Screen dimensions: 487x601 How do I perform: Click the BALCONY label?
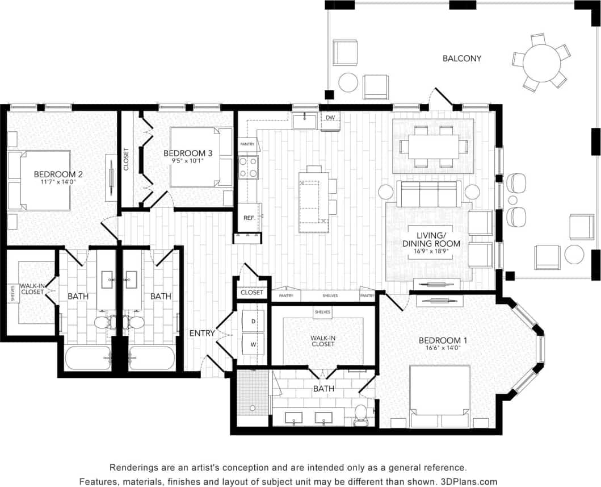461,58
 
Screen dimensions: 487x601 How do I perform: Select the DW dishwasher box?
330,118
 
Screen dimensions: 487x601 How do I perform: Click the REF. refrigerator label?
249,217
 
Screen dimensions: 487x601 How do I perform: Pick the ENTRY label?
202,333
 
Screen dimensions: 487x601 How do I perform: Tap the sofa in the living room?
428,194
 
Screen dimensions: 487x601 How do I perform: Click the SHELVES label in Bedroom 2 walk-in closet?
12,293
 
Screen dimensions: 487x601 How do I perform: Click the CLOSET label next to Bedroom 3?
126,160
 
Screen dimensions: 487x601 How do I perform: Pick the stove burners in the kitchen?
249,167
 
